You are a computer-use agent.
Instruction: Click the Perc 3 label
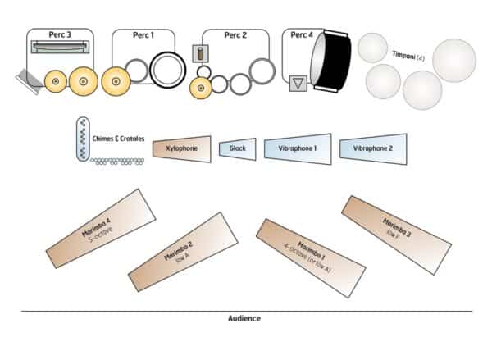(59, 35)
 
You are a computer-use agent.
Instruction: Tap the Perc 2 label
(236, 35)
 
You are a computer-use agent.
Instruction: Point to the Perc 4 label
(303, 35)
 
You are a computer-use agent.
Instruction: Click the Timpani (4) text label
(408, 55)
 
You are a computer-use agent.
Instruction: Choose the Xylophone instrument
(180, 148)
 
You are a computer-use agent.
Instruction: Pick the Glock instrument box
(238, 148)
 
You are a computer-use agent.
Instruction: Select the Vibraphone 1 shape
(297, 148)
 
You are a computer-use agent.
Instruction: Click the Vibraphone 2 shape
(373, 148)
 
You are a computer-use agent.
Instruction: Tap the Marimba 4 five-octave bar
(101, 223)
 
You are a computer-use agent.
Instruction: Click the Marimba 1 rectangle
(311, 258)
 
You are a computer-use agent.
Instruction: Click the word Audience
(244, 318)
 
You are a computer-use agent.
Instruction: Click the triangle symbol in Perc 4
(298, 84)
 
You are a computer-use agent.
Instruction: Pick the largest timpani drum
(453, 61)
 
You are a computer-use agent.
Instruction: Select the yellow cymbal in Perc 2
(199, 87)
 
